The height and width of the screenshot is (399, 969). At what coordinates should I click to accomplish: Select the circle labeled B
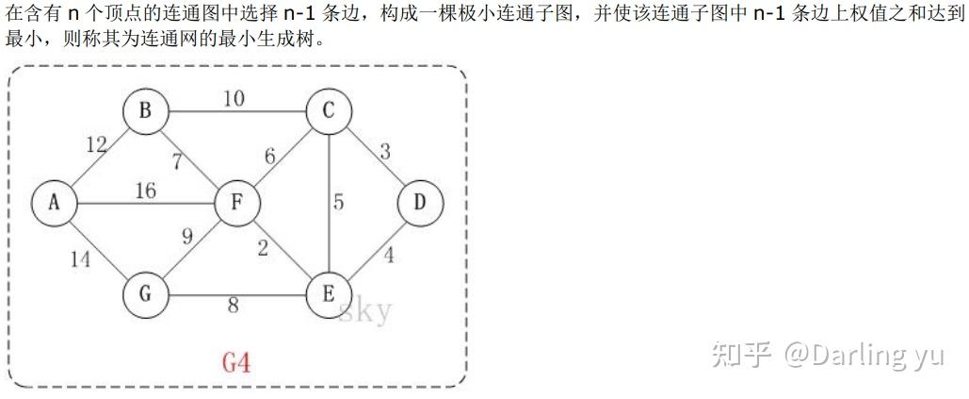(145, 111)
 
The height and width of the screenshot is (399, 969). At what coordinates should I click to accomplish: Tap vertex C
(329, 111)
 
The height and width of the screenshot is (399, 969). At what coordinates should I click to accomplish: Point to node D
(420, 203)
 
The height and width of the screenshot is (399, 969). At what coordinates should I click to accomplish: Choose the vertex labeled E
(329, 294)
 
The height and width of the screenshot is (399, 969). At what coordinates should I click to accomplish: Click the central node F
(237, 203)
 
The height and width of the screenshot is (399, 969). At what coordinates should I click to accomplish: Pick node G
(145, 294)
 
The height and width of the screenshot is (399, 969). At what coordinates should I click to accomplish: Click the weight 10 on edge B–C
(234, 97)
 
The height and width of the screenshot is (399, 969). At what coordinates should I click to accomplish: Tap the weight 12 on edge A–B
(96, 144)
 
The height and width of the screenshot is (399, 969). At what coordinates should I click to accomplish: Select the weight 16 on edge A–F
(145, 191)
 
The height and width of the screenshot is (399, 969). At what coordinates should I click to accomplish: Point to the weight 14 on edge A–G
(81, 259)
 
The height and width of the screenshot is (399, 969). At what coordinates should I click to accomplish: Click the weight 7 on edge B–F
(178, 160)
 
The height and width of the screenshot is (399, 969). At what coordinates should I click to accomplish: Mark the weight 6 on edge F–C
(270, 157)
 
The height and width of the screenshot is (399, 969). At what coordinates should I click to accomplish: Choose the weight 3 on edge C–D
(384, 151)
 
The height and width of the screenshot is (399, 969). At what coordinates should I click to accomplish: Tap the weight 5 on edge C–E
(339, 202)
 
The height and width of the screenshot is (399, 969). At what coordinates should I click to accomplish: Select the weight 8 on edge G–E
(233, 305)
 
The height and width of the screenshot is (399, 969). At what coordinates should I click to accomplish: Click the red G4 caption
(236, 362)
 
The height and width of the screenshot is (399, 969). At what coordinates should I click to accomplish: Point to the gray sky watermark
(364, 310)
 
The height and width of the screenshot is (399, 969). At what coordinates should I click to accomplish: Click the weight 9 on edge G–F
(186, 237)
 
